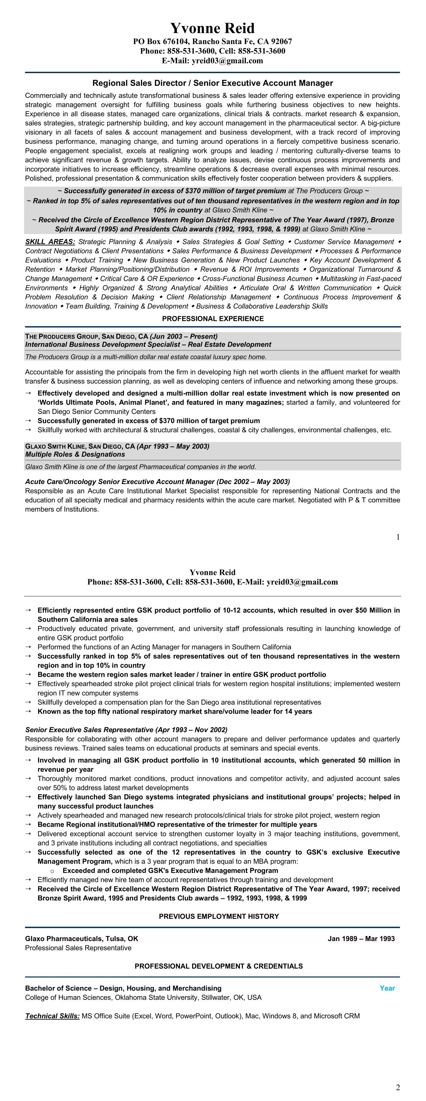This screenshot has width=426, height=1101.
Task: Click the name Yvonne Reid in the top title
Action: tap(212, 28)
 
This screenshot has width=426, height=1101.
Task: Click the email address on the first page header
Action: tap(212, 61)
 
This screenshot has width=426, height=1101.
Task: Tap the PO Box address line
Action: tap(212, 41)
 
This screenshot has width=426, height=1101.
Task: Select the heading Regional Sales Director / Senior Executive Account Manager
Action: tap(212, 83)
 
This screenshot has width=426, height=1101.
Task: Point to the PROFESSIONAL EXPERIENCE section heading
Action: tap(212, 318)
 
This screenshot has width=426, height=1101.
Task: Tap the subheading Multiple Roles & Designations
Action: tap(75, 454)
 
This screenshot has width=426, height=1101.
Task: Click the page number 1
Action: tap(398, 537)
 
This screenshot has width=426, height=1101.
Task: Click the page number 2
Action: tap(398, 1087)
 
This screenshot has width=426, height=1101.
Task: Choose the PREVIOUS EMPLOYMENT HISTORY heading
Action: tap(219, 916)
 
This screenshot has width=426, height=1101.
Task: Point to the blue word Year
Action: tap(387, 988)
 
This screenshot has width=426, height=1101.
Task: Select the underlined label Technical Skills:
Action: tap(52, 1016)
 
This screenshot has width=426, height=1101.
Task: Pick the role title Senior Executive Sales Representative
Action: tap(90, 729)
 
